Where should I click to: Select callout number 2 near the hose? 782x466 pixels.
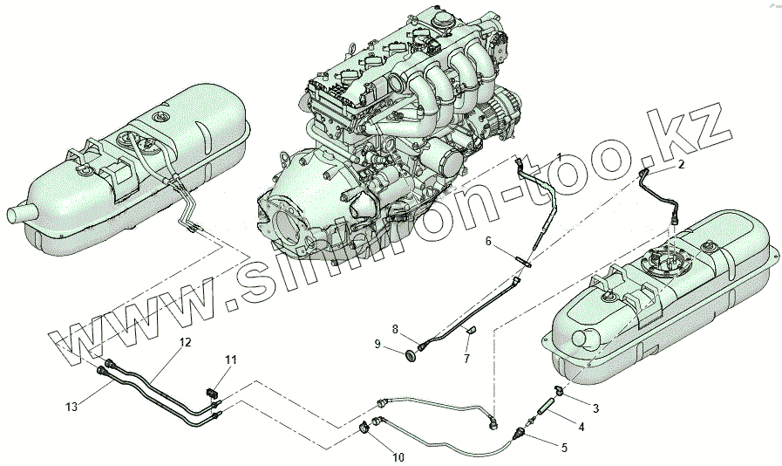681,163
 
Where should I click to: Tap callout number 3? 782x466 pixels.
596,408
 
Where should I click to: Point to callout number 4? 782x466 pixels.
581,428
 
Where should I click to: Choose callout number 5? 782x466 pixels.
563,448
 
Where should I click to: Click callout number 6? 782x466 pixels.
488,240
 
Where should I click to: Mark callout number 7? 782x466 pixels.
466,359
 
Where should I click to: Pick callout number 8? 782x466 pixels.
395,329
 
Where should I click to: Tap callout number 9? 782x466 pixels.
378,345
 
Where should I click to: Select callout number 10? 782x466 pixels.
398,456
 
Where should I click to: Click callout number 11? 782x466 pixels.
230,360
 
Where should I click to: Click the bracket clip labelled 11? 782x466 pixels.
212,391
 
